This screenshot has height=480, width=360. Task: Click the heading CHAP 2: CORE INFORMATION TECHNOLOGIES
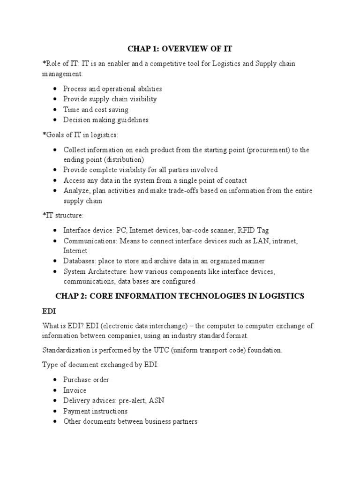tap(180, 296)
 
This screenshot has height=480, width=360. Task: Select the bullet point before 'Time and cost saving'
tap(55, 110)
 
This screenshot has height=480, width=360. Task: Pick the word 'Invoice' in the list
tap(75, 390)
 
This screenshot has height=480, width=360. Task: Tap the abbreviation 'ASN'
tap(156, 401)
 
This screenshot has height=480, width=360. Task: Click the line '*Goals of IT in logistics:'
tap(80, 135)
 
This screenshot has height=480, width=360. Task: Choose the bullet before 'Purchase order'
tap(55, 380)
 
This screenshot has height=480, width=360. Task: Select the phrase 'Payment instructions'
tap(95, 411)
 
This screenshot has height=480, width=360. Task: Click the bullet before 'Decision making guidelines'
tap(55, 120)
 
